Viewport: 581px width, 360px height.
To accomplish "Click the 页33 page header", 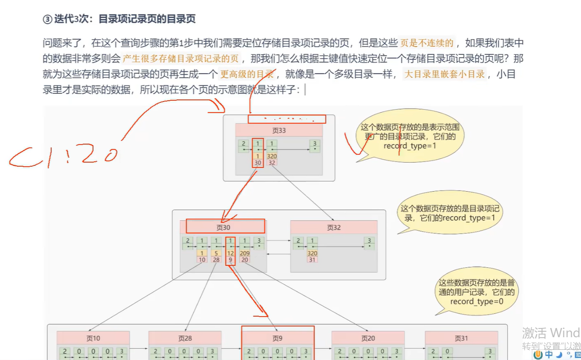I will (x=279, y=130).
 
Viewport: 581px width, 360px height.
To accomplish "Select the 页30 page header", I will (x=223, y=227).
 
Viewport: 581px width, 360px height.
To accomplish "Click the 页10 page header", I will (x=93, y=338).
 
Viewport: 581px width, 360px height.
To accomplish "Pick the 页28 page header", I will (x=185, y=338).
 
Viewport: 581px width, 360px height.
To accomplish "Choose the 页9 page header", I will (x=277, y=338).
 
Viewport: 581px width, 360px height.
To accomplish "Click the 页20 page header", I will (x=368, y=338).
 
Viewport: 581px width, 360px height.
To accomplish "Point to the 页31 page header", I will (x=461, y=338).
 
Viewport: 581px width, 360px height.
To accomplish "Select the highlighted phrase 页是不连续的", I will (x=427, y=43).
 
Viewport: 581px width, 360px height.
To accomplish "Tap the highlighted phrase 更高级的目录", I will (x=247, y=74).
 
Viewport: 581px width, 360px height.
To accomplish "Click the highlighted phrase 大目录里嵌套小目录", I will (x=445, y=74).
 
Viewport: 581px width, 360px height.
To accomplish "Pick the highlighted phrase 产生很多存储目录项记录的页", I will (x=181, y=59).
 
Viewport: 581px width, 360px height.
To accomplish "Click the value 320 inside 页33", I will (x=271, y=156).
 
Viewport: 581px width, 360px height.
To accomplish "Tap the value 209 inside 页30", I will (x=245, y=253).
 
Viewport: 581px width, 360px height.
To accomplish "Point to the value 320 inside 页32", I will (x=312, y=253).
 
